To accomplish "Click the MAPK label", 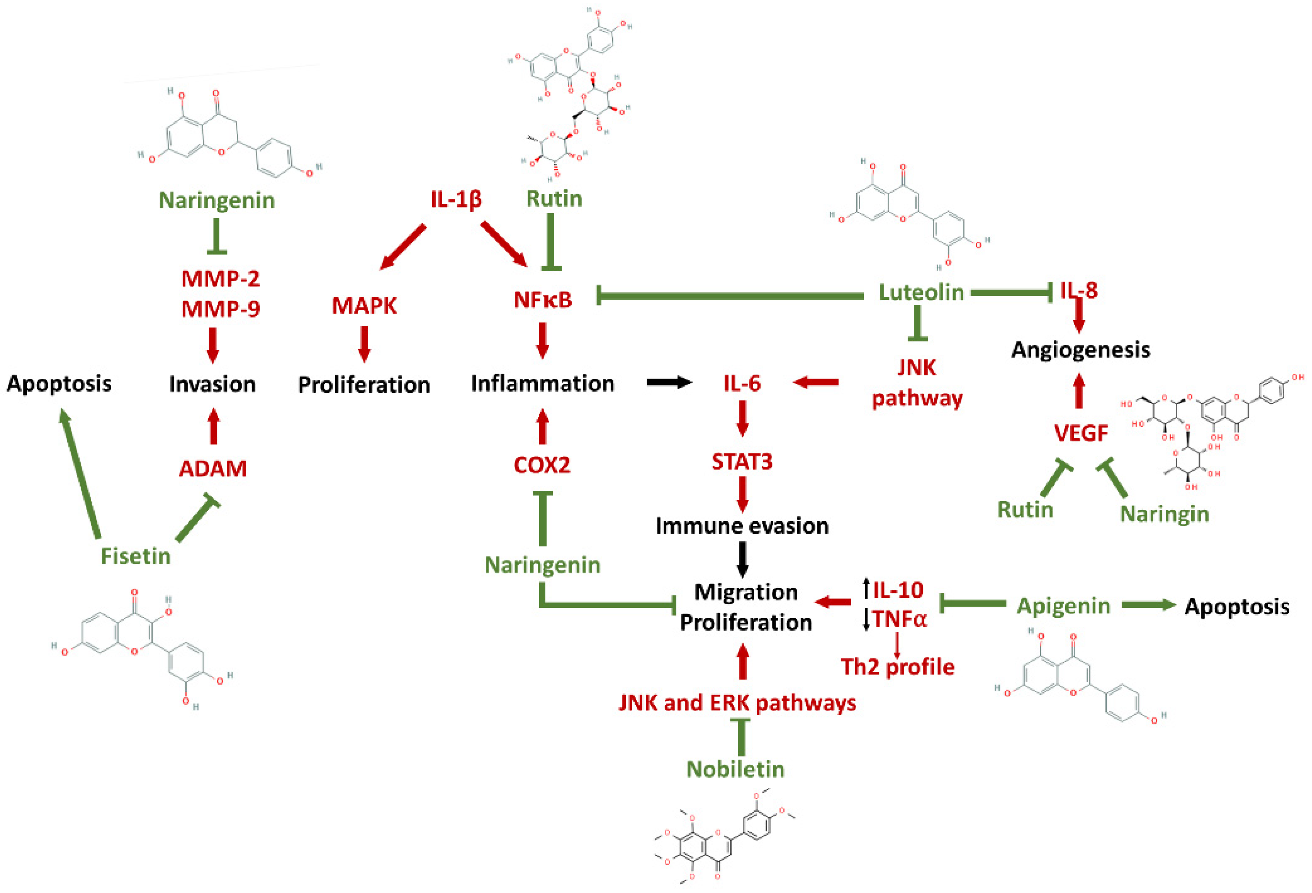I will pyautogui.click(x=364, y=306).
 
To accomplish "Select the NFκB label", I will pyautogui.click(x=542, y=300).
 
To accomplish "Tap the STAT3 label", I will pyautogui.click(x=741, y=462).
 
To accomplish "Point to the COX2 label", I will pyautogui.click(x=542, y=465).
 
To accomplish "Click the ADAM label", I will pyautogui.click(x=213, y=468).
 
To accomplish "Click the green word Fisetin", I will pyautogui.click(x=136, y=556).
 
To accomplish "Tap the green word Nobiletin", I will pyautogui.click(x=735, y=769).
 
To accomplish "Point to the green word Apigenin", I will pyautogui.click(x=1063, y=606).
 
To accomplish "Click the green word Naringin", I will pyautogui.click(x=1164, y=514).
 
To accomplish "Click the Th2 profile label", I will pyautogui.click(x=898, y=667).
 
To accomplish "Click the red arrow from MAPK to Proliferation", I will pyautogui.click(x=364, y=343).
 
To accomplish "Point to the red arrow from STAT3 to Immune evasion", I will pyautogui.click(x=742, y=494).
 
